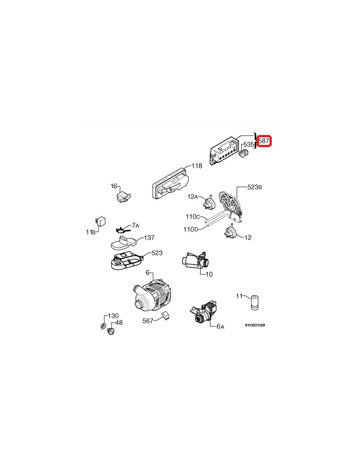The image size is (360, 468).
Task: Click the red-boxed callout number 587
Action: [x=264, y=140]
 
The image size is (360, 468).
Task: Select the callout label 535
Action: [x=248, y=144]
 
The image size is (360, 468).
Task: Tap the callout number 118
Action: [x=197, y=166]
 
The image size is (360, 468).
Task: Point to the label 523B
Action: [x=255, y=187]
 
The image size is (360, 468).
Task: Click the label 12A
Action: [x=193, y=196]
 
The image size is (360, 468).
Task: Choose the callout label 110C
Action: [x=193, y=217]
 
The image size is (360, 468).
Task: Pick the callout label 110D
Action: [x=191, y=229]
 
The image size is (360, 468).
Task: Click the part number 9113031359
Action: [x=255, y=325]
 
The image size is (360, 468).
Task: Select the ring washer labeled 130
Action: [x=103, y=326]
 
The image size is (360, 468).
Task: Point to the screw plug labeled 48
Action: [x=111, y=331]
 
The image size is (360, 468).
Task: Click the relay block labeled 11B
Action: [x=100, y=222]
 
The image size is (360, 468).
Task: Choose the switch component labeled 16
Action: [x=123, y=198]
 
